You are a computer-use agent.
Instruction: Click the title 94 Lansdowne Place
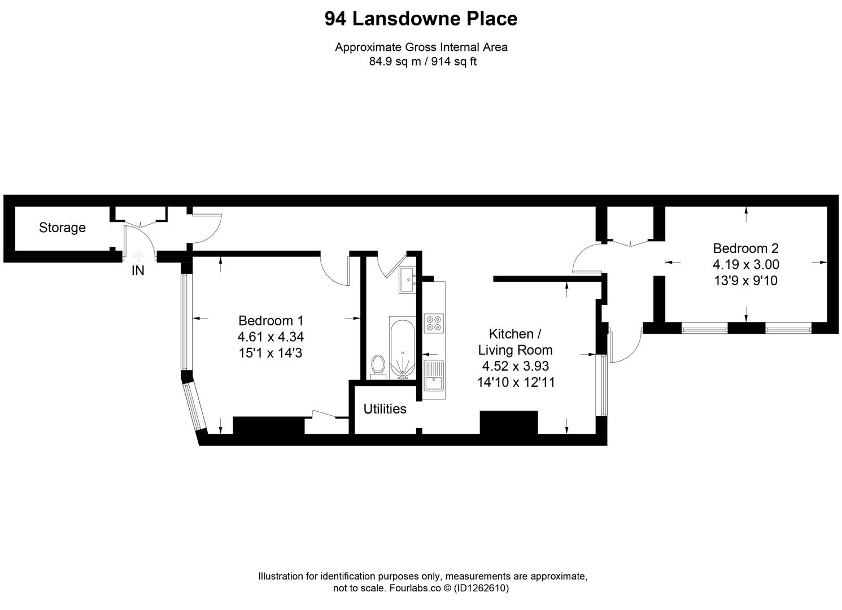tap(421, 19)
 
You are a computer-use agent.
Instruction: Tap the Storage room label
tap(62, 228)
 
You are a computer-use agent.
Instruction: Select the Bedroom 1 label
tap(271, 321)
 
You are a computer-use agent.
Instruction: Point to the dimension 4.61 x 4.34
tap(271, 337)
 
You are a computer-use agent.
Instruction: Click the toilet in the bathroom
tap(378, 366)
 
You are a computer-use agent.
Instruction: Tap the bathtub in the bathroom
tap(403, 346)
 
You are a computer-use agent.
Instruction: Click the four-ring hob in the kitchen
tap(434, 323)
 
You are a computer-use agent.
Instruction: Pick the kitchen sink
tap(434, 376)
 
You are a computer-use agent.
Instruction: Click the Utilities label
tap(385, 409)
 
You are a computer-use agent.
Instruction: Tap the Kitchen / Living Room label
tap(515, 342)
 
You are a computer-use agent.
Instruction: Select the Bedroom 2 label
tap(745, 248)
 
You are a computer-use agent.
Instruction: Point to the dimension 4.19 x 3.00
tap(745, 264)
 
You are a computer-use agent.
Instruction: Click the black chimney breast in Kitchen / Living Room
tap(508, 422)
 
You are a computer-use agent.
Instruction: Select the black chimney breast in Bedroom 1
tap(268, 425)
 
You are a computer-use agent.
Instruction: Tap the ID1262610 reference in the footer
tap(481, 588)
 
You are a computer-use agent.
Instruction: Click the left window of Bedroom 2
tap(704, 327)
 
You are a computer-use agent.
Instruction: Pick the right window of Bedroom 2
tap(788, 327)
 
